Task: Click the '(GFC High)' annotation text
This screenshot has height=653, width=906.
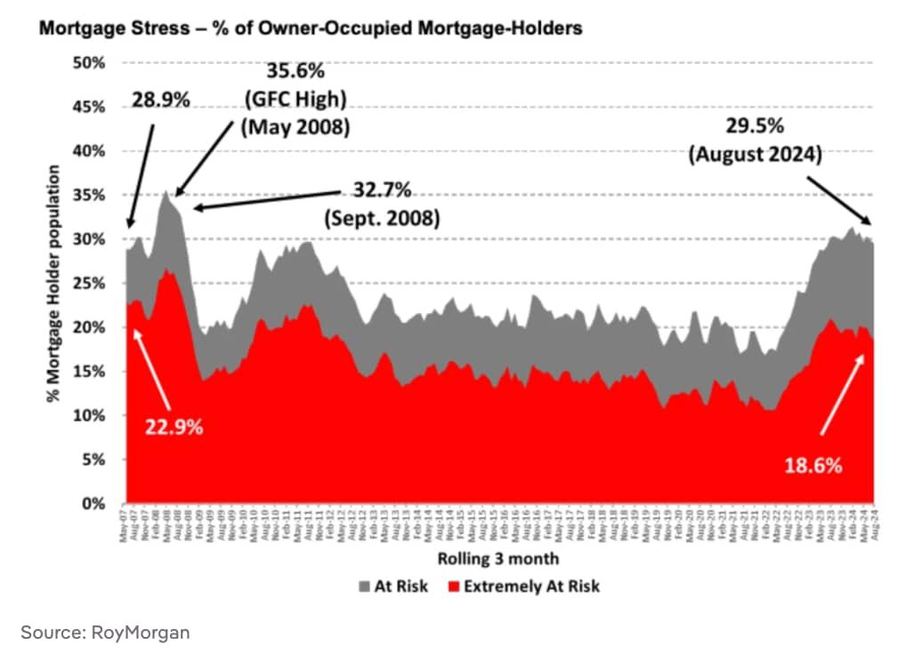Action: [x=296, y=101]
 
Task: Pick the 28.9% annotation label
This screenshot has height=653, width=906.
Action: [x=161, y=100]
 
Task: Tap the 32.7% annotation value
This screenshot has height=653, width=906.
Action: [x=380, y=190]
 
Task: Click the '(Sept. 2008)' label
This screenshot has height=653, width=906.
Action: [x=380, y=218]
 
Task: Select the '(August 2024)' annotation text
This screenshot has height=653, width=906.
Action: [x=756, y=155]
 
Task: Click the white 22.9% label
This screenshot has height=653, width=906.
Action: [x=174, y=427]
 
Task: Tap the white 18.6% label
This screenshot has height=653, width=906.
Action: [x=812, y=465]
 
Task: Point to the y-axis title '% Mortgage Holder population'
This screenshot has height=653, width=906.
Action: [x=55, y=282]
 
